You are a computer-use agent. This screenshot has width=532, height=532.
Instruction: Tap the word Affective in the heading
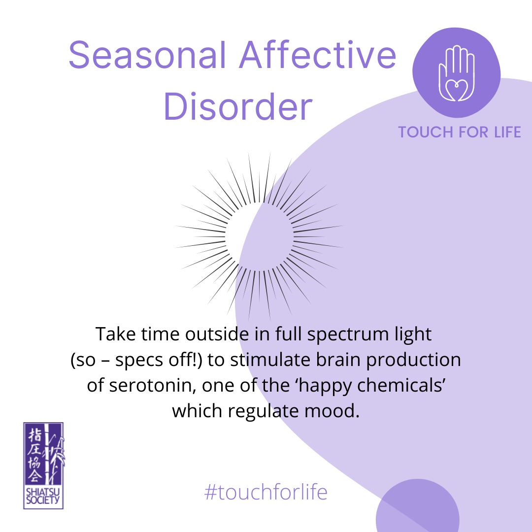[318, 55]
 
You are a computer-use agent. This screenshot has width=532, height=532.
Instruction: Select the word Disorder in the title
[238, 106]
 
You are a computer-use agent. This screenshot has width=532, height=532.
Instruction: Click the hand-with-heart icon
[456, 73]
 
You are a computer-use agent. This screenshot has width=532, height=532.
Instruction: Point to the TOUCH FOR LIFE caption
[460, 132]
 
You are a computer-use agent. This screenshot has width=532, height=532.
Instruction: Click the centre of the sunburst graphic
[259, 236]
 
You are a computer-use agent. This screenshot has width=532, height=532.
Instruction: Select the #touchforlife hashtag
[266, 492]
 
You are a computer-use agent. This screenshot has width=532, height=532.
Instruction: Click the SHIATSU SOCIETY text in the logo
[43, 496]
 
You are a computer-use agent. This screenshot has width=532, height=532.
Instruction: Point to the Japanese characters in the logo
[34, 454]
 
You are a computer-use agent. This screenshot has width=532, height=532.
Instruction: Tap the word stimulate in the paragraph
[270, 360]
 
